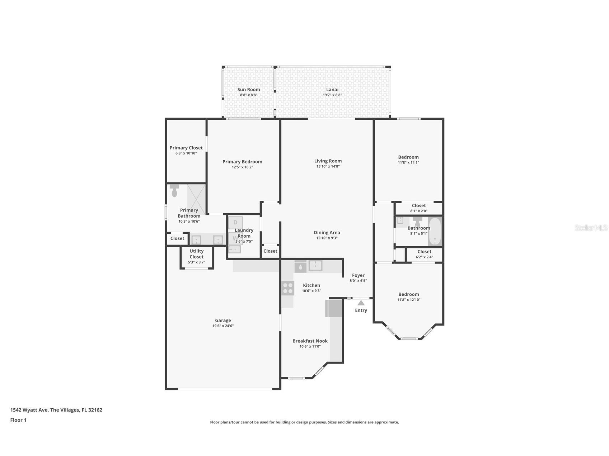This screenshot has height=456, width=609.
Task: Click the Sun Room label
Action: pos(248,90)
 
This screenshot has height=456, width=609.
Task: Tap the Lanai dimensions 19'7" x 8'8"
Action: pos(332,95)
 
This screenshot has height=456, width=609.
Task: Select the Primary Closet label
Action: pos(186,148)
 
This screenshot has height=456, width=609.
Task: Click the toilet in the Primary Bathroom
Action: pos(174,191)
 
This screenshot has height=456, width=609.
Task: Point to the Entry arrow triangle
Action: pos(361,303)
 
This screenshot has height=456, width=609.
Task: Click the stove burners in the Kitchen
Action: pos(288,288)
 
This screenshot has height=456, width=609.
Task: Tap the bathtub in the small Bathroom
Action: pos(435,231)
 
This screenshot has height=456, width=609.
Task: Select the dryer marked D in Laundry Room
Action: pos(235,223)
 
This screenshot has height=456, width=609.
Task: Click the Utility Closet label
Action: pos(196,254)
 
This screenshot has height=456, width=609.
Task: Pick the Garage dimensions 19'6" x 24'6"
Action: pos(223,326)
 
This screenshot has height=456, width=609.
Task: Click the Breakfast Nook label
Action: pos(310,341)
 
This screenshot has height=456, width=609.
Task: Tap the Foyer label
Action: pos(358,275)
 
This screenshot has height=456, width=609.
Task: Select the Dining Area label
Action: pos(327,233)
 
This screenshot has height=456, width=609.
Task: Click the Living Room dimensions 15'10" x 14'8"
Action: pos(328,166)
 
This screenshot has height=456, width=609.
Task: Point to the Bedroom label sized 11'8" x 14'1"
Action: pos(408,157)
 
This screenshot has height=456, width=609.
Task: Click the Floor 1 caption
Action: pos(18,420)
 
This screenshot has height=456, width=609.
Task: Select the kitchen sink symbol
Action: pos(315,265)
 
